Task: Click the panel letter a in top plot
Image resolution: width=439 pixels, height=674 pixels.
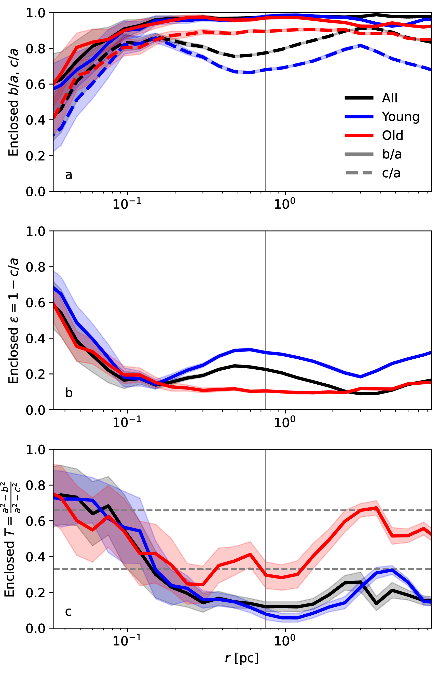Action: [68, 175]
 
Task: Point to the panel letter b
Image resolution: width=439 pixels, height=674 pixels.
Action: [69, 393]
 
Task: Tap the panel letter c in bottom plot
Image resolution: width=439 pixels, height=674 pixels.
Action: [68, 611]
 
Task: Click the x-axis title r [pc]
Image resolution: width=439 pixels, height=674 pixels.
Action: [242, 658]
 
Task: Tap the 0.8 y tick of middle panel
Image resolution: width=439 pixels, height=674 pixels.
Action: [35, 267]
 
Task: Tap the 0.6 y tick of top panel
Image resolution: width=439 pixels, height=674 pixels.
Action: [35, 84]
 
